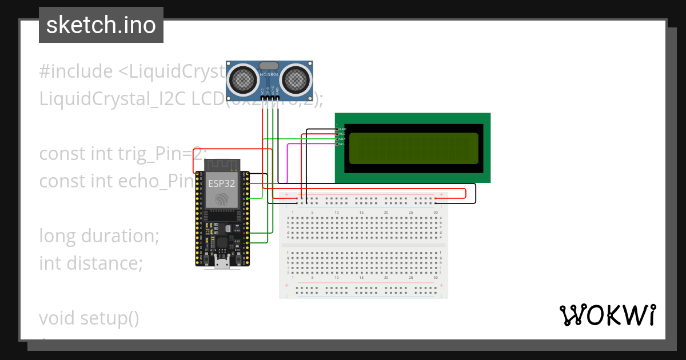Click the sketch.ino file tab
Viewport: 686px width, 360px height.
pos(101,25)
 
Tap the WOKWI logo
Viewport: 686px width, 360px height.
pos(607,315)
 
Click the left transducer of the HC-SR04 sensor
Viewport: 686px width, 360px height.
pos(245,78)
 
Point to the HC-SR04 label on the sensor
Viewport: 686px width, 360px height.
pos(270,75)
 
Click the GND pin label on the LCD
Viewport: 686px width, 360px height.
pos(342,129)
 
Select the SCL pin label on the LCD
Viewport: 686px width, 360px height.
pos(342,144)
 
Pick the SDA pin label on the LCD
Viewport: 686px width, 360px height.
pos(342,139)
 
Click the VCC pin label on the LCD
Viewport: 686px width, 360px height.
pos(342,134)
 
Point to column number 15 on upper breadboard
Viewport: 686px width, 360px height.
pos(361,212)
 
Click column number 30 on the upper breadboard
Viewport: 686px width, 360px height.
pos(436,212)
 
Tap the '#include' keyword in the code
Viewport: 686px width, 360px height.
pos(76,71)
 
